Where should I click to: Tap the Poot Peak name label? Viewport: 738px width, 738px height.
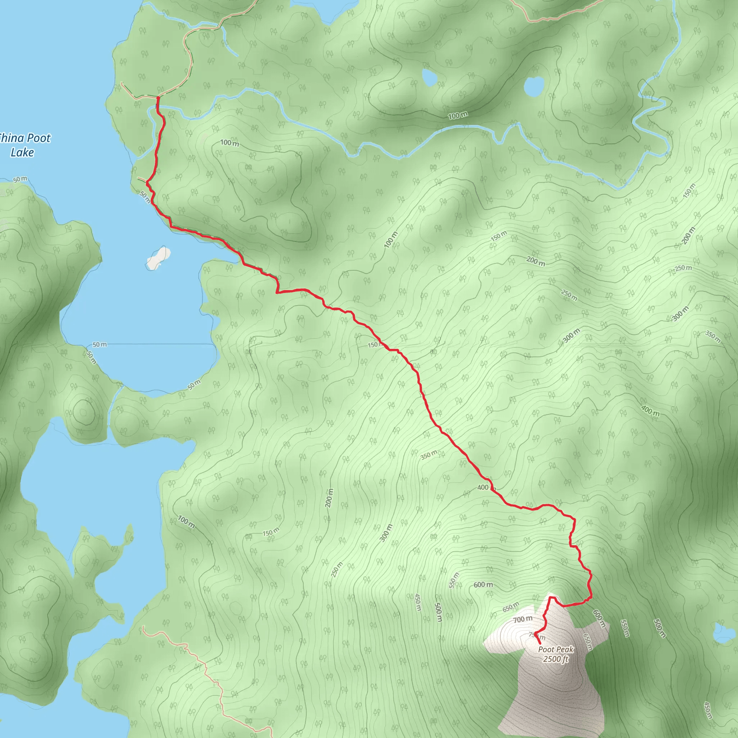tap(556, 649)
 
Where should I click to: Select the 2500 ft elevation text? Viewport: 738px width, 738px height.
tap(556, 659)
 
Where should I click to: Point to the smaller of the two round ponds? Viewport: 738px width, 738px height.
tap(429, 78)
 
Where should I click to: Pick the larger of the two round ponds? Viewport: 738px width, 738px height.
tap(534, 87)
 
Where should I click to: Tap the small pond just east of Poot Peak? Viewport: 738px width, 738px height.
tap(724, 633)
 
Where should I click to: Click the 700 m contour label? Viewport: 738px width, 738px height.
tap(523, 619)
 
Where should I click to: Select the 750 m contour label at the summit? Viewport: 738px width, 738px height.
tap(536, 635)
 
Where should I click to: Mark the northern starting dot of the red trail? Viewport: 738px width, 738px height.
tap(158, 98)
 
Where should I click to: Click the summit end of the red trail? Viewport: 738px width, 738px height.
tap(539, 644)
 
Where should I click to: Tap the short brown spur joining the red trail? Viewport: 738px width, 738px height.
tap(142, 179)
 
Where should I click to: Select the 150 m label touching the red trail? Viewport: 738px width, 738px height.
tap(374, 345)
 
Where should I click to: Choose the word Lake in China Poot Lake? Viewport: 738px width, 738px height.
tap(22, 152)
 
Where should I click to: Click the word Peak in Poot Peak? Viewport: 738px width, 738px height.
tap(565, 649)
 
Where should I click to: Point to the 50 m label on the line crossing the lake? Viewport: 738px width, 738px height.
tap(100, 344)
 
